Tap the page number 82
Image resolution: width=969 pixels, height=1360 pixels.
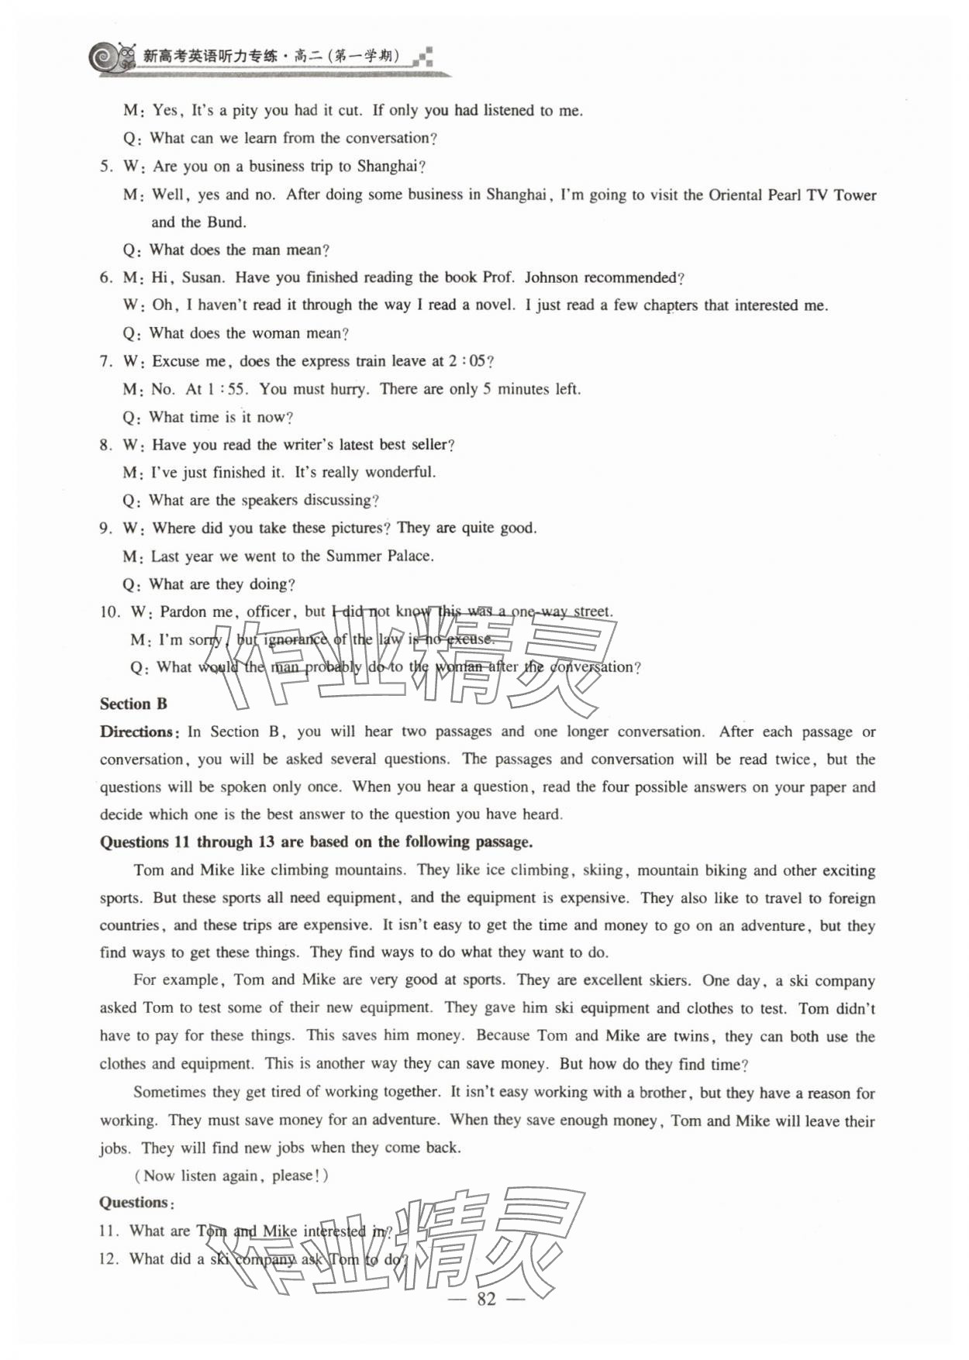486,1299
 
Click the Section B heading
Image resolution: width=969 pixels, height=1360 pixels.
133,704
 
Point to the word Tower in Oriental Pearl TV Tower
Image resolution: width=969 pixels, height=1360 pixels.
854,195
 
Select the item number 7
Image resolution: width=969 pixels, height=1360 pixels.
105,361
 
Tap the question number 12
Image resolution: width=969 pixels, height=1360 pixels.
108,1258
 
